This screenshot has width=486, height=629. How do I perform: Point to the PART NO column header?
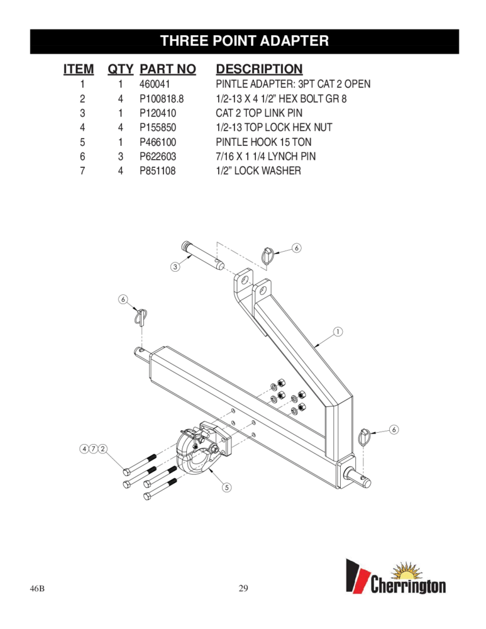pyautogui.click(x=168, y=68)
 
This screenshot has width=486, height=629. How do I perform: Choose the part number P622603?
pyautogui.click(x=158, y=156)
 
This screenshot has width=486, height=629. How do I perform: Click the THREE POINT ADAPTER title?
pyautogui.click(x=245, y=41)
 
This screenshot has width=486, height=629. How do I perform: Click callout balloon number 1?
pyautogui.click(x=337, y=331)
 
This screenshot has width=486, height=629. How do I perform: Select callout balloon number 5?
pyautogui.click(x=223, y=487)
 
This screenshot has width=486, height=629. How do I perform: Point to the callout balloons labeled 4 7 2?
pyautogui.click(x=92, y=448)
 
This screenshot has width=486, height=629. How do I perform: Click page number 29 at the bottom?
pyautogui.click(x=244, y=589)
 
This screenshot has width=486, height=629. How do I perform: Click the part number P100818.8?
pyautogui.click(x=162, y=98)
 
